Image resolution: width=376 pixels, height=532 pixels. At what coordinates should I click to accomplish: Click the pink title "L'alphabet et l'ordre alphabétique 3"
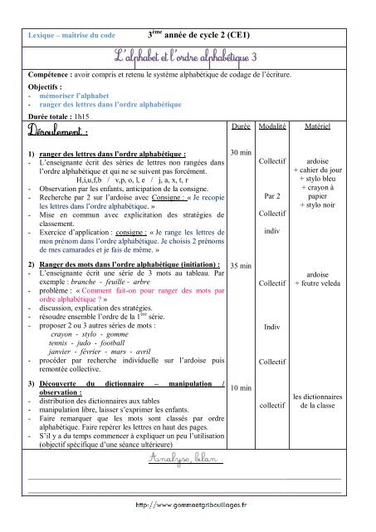click(x=188, y=55)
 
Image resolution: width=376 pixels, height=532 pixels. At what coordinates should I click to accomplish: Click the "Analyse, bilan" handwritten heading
click(x=188, y=460)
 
